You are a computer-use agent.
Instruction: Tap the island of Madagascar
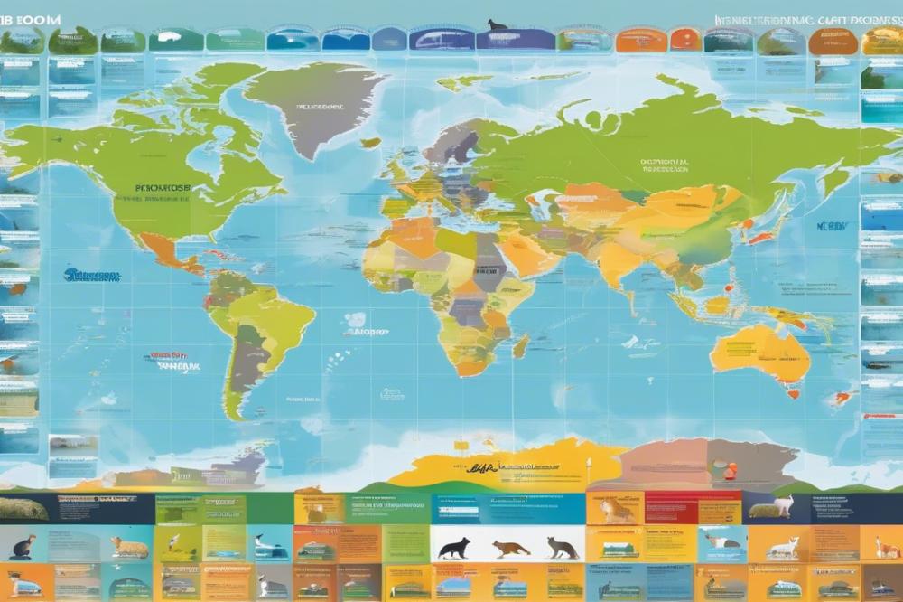point(521,346)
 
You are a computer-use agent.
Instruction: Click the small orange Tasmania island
point(794,393)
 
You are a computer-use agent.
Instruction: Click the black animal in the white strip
point(453,548)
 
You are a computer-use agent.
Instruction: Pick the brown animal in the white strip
point(510,548)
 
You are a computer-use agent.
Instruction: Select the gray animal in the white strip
point(562,547)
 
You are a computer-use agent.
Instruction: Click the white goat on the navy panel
point(782,505)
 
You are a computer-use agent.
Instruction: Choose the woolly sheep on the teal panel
point(128,547)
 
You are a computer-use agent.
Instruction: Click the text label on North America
point(163,190)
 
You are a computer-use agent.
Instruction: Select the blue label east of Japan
point(832,227)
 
